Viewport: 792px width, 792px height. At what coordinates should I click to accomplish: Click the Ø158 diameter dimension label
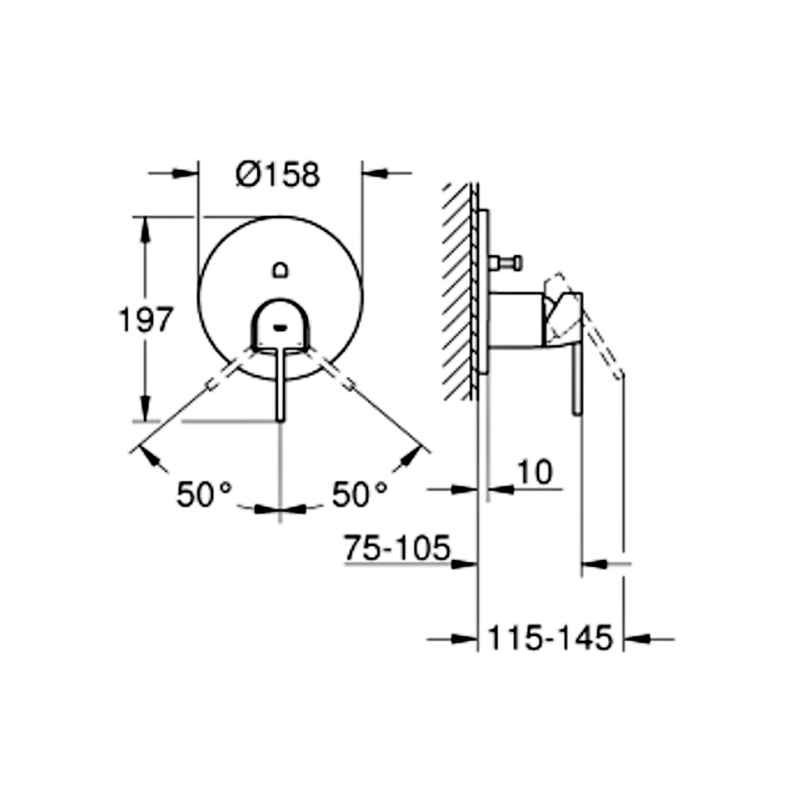278,175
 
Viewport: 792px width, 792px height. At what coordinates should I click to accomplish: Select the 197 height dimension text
146,320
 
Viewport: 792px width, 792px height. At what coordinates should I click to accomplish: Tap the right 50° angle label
360,494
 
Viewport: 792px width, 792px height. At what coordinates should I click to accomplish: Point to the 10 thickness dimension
535,472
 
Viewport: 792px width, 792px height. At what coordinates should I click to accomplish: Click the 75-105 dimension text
397,547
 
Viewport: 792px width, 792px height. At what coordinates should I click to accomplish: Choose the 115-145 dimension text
550,638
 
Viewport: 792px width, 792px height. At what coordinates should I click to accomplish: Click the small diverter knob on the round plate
280,270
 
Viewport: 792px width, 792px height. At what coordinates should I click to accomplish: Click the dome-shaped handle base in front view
280,323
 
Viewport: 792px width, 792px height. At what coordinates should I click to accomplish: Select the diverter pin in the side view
505,263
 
